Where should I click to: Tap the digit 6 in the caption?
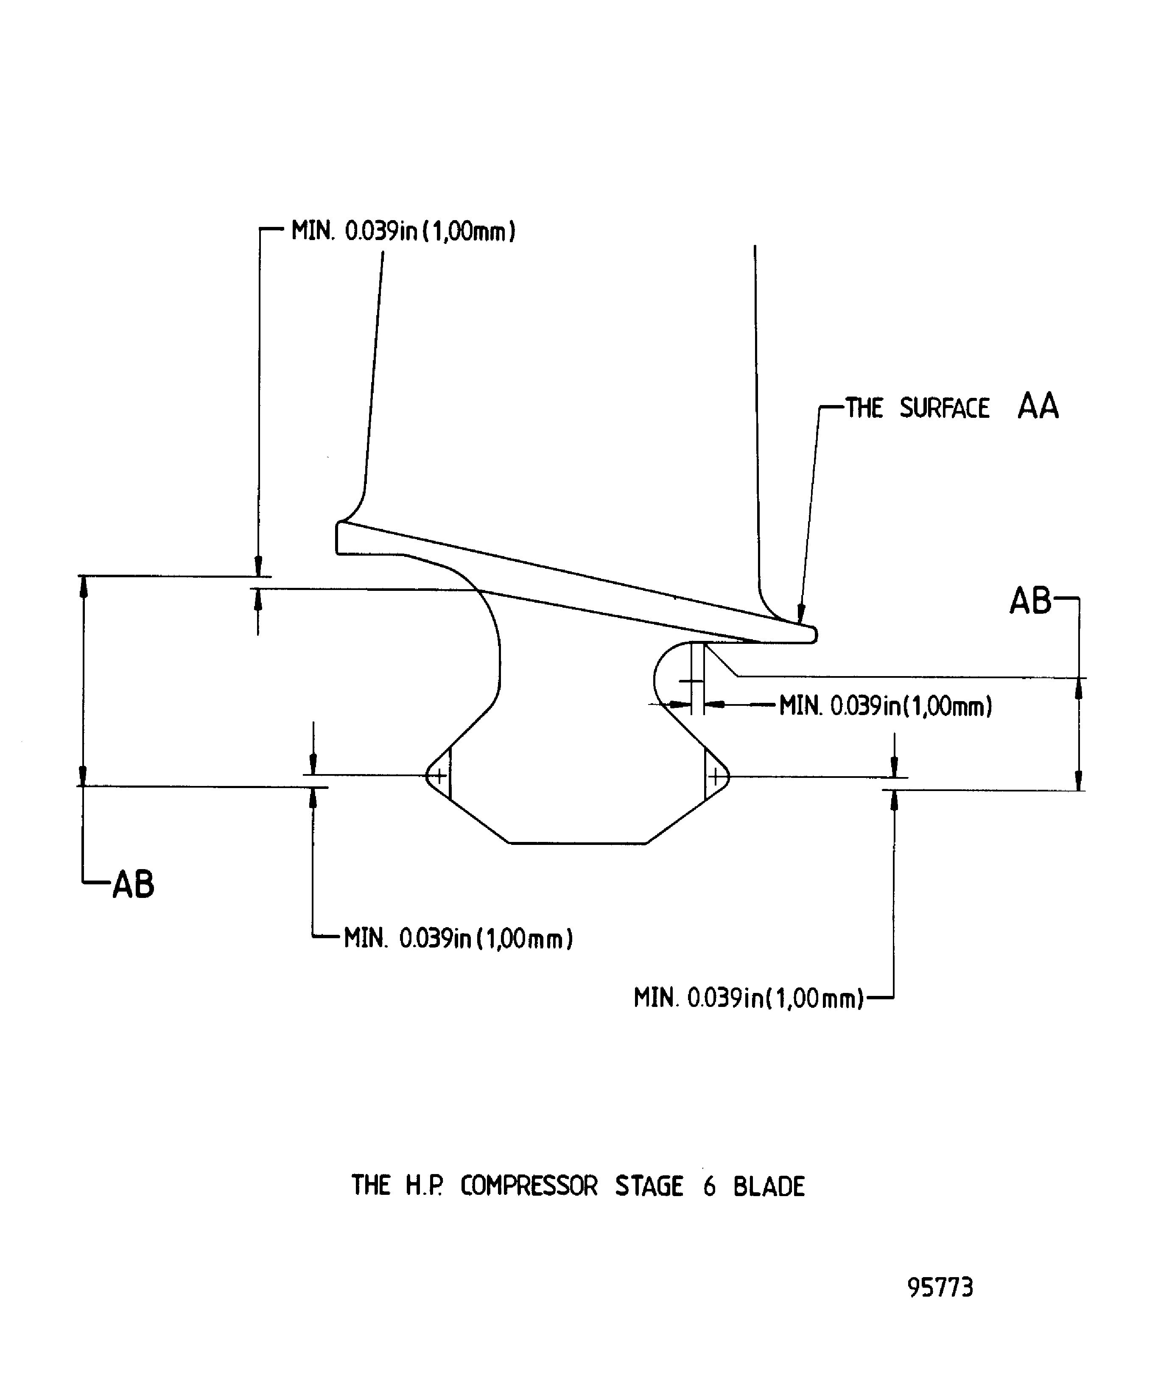point(709,1186)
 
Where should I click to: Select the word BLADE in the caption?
point(769,1186)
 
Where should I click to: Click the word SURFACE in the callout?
point(945,408)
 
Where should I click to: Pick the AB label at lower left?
point(133,884)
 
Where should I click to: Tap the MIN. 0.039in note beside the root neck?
point(886,707)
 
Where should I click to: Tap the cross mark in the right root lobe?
point(716,777)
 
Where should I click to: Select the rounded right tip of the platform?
point(814,635)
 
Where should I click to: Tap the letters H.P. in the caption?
point(424,1186)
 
